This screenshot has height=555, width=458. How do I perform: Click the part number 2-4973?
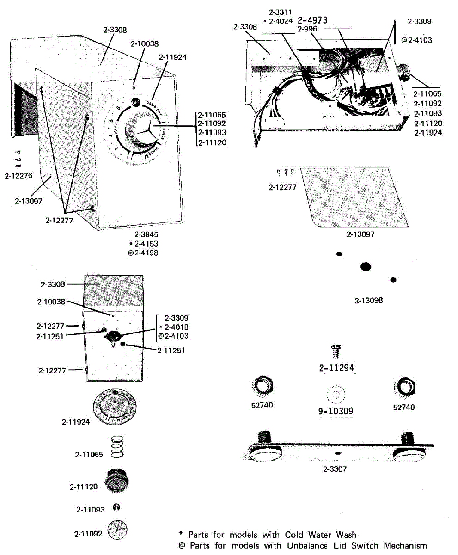313,20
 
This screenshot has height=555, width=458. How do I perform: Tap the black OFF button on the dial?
135,102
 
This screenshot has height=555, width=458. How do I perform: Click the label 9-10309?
336,411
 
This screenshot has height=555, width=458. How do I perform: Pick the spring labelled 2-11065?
117,447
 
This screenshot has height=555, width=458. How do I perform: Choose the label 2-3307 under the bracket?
336,469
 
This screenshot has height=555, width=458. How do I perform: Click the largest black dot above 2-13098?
366,266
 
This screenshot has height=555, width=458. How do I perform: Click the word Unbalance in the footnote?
308,545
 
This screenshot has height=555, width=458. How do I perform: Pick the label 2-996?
307,29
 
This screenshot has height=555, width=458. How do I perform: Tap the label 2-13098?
369,301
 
